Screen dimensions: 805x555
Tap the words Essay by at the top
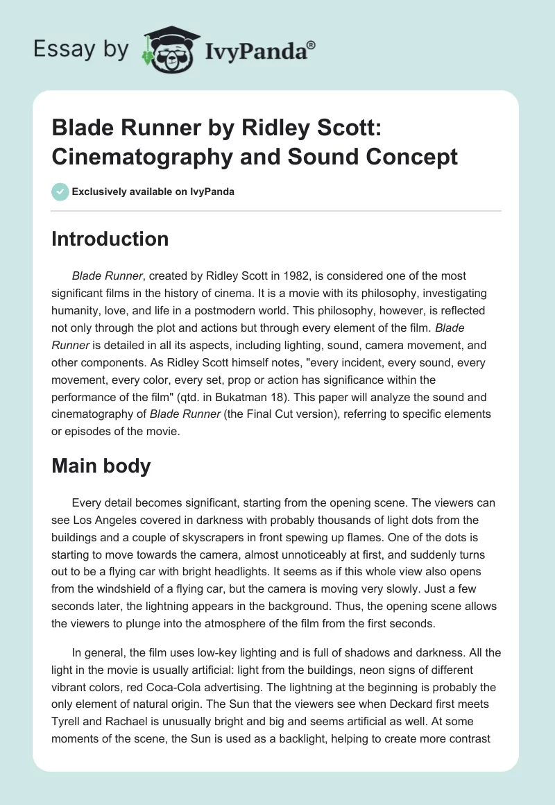(82, 50)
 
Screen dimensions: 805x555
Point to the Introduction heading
(110, 239)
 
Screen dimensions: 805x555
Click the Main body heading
(101, 466)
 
